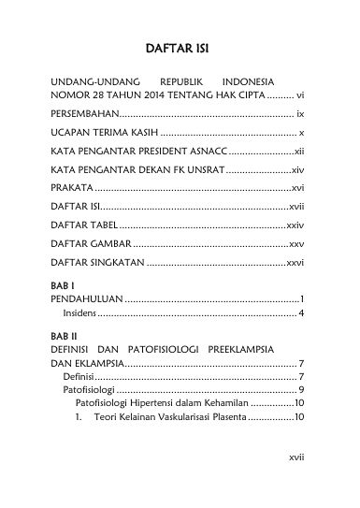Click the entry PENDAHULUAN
point(86,298)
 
